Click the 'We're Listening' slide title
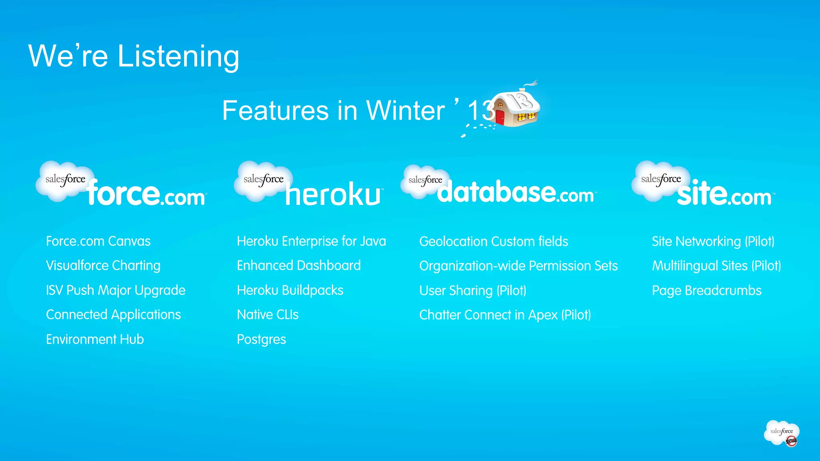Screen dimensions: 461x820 (134, 56)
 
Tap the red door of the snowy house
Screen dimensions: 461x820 (500, 117)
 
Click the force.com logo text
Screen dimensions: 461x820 (146, 193)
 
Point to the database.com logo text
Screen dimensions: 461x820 (515, 192)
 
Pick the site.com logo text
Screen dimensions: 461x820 (724, 194)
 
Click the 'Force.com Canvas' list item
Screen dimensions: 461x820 (98, 241)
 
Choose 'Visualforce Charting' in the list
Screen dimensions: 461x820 (103, 266)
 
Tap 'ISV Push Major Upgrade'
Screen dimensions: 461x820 (115, 290)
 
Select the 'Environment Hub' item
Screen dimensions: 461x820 (94, 339)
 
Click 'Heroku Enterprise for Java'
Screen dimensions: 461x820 (311, 241)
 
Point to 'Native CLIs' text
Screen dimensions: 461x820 (267, 315)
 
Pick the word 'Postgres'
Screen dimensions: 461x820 (261, 340)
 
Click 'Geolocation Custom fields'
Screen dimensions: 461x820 (493, 242)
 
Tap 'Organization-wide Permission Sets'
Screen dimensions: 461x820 (518, 266)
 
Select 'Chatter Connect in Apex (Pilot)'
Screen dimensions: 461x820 (504, 315)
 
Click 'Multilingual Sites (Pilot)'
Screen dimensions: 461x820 (716, 266)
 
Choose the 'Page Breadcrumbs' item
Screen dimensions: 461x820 (706, 291)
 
